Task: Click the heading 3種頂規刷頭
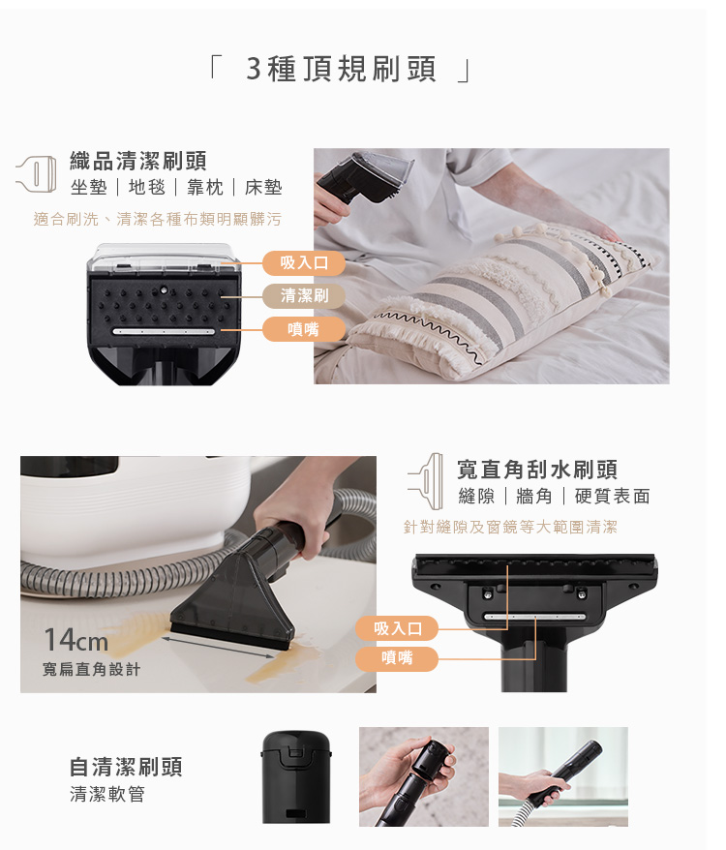(x=341, y=69)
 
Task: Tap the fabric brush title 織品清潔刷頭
(x=138, y=161)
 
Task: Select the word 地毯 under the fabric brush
(x=147, y=188)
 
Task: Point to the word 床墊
(x=263, y=188)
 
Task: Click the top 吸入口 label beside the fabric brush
(x=304, y=263)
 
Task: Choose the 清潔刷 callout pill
(x=304, y=296)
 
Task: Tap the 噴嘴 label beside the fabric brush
(x=304, y=329)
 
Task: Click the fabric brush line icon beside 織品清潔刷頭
(x=37, y=174)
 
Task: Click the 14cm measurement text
(x=76, y=640)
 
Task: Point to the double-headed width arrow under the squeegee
(x=218, y=648)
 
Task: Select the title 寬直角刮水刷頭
(x=537, y=470)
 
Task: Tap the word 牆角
(x=534, y=496)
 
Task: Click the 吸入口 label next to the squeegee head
(x=397, y=629)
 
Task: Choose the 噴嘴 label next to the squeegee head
(x=397, y=658)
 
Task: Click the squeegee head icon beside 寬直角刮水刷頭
(x=426, y=481)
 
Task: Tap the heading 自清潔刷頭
(x=127, y=767)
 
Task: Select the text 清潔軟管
(x=107, y=794)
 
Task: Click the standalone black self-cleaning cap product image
(x=296, y=776)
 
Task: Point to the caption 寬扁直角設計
(x=92, y=670)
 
